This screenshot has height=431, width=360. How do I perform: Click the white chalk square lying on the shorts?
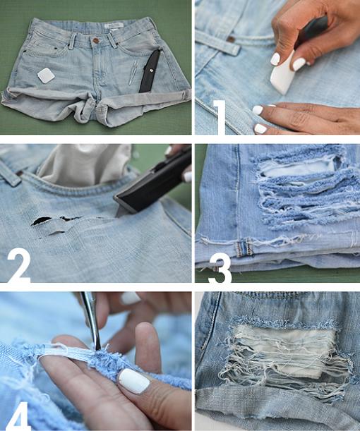(47, 75)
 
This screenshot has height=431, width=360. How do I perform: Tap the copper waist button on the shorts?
(95, 40)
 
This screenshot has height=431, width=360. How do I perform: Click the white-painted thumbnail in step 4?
(133, 382)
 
